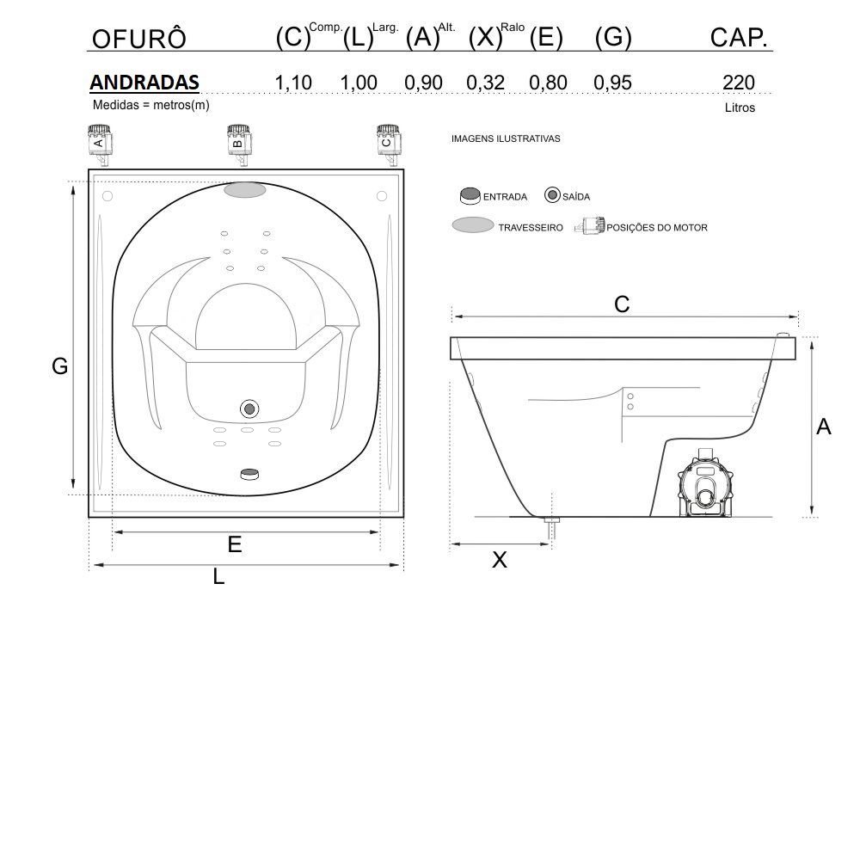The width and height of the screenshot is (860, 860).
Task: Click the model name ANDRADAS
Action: point(144,83)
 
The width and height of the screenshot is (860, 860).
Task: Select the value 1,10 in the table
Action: point(293,83)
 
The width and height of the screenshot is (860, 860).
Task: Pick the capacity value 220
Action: point(739,83)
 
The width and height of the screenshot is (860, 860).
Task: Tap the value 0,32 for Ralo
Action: point(485,83)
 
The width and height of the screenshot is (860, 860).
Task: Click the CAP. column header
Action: point(739,37)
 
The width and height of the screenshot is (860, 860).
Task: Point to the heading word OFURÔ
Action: point(139,39)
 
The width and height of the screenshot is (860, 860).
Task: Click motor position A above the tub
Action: point(99,144)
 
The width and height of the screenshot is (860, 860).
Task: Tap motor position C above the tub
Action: point(388,144)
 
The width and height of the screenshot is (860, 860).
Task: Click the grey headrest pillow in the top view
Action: point(245,190)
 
